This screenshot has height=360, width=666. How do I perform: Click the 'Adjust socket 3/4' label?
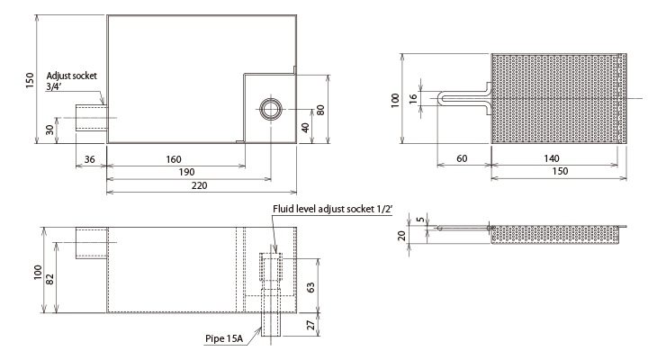[x=71, y=81]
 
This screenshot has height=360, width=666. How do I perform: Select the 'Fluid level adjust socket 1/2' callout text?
[x=333, y=209]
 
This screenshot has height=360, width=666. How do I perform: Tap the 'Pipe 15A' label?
[x=224, y=338]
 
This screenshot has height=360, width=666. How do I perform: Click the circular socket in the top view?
[x=271, y=109]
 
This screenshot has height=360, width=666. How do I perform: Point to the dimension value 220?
[x=199, y=185]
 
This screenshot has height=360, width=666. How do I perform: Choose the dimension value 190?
[x=186, y=172]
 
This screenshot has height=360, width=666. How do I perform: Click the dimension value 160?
[x=174, y=159]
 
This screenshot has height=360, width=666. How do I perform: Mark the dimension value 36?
[x=90, y=159]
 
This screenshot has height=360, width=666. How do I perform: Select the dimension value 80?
[x=320, y=110]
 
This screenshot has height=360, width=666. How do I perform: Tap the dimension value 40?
[x=305, y=127]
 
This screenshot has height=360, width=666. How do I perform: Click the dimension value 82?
[x=50, y=278]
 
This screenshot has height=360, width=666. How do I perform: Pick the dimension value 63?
[x=310, y=287]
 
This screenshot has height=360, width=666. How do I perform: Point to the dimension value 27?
[x=310, y=325]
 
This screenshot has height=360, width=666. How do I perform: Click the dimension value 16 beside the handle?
[x=413, y=99]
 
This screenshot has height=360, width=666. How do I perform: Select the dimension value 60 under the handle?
[x=462, y=158]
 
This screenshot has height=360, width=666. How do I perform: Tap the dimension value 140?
[x=552, y=158]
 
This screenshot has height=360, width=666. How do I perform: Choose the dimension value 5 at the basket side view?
[x=420, y=220]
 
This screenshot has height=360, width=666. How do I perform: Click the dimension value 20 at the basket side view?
[x=402, y=236]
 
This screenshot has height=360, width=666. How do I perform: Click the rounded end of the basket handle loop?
[x=439, y=97]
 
